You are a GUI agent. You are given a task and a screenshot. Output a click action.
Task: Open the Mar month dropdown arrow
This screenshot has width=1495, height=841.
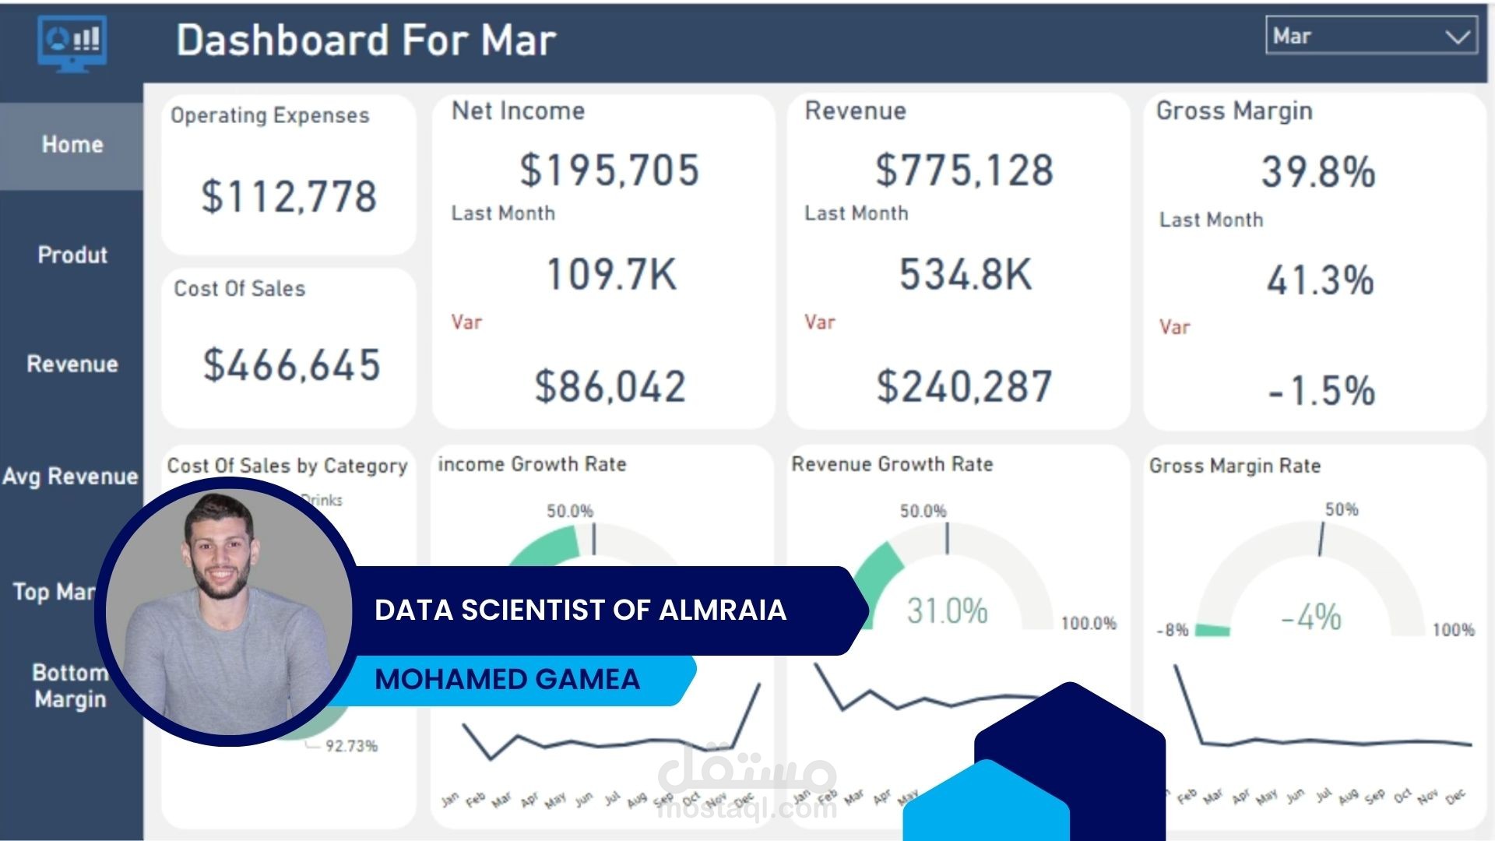pyautogui.click(x=1456, y=37)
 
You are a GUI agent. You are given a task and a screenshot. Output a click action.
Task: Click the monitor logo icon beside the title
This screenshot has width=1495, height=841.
pyautogui.click(x=72, y=44)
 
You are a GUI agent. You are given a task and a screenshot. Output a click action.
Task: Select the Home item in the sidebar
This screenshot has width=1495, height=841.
pyautogui.click(x=72, y=145)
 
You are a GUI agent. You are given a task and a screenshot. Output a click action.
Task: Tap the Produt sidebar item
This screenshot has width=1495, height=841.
pyautogui.click(x=72, y=255)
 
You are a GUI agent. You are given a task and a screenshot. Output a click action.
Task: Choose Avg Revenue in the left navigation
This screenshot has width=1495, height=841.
pyautogui.click(x=71, y=476)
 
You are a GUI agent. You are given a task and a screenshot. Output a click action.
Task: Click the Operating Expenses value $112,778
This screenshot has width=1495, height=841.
pyautogui.click(x=289, y=196)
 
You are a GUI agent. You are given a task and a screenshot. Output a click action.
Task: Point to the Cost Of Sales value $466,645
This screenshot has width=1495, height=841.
pyautogui.click(x=291, y=364)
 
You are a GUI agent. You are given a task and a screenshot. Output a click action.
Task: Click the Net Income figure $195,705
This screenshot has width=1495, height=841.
pyautogui.click(x=610, y=170)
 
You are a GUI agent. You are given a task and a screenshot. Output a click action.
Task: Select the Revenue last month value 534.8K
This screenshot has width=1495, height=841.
pyautogui.click(x=966, y=274)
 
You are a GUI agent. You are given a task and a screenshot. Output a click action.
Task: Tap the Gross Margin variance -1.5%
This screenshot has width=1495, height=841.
pyautogui.click(x=1321, y=390)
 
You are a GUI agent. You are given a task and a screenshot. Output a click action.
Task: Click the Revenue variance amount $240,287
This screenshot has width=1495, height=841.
pyautogui.click(x=964, y=386)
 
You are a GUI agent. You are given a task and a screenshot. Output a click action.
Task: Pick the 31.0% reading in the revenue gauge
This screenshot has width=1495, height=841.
pyautogui.click(x=947, y=611)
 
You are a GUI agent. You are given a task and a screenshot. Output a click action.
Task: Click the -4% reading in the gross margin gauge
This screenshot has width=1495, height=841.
pyautogui.click(x=1311, y=618)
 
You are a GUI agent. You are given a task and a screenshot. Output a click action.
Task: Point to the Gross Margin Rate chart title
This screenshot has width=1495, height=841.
pyautogui.click(x=1235, y=466)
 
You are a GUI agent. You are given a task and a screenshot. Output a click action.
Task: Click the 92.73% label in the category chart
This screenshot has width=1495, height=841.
pyautogui.click(x=351, y=746)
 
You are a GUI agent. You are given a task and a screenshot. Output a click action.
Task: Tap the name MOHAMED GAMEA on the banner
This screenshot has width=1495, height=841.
pyautogui.click(x=507, y=679)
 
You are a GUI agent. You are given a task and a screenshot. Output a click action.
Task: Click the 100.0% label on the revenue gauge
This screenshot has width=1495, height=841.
pyautogui.click(x=1089, y=623)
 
